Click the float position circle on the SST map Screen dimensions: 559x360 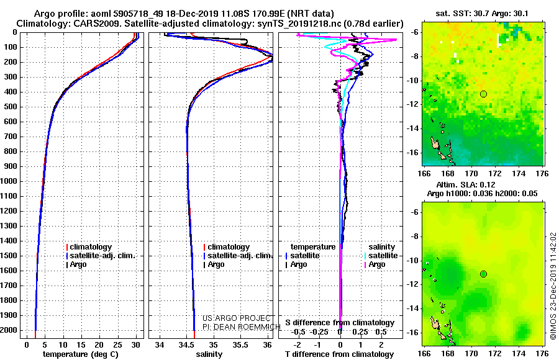point(483,94)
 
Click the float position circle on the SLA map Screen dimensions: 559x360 point(483,274)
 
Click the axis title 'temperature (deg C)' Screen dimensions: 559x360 point(80,354)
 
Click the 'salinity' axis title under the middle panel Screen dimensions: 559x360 point(209,354)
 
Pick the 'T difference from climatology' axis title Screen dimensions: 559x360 point(339,354)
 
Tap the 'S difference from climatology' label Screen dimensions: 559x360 point(340,323)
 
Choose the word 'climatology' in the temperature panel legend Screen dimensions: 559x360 point(91,247)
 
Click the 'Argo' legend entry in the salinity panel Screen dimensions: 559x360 point(216,264)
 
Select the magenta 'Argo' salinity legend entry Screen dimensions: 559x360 point(377,264)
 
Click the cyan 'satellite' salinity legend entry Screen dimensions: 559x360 point(383,256)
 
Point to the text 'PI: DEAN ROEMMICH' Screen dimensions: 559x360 point(242,327)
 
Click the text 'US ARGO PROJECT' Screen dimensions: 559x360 point(237,318)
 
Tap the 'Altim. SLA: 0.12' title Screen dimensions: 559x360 point(466,184)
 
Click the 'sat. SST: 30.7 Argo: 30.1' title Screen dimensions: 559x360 point(482,14)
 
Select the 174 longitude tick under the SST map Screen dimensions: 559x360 point(519,174)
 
